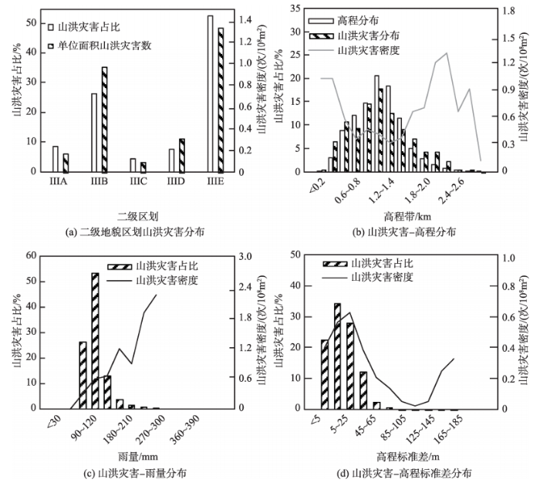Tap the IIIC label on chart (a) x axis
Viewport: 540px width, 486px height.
point(137,181)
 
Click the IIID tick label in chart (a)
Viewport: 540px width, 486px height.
point(177,181)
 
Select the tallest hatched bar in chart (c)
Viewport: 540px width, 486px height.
point(95,340)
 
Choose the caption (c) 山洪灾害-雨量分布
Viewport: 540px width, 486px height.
point(133,472)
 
